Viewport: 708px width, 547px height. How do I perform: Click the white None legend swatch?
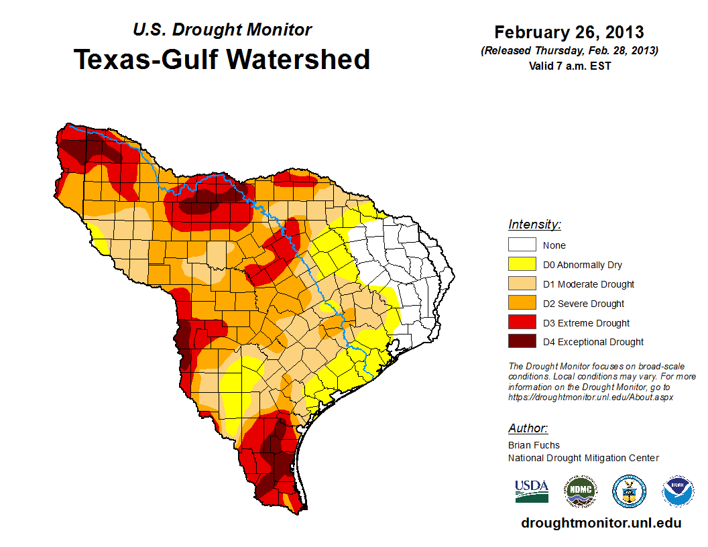522,245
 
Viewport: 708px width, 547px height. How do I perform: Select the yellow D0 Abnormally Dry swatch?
522,265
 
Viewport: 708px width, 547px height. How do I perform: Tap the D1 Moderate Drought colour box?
522,284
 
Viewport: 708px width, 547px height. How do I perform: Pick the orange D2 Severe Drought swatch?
522,304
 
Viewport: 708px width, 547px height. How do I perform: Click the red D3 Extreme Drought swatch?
522,323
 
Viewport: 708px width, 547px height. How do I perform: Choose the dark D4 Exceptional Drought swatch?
522,342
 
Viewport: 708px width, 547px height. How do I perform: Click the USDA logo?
532,491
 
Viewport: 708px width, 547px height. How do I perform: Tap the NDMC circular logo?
580,491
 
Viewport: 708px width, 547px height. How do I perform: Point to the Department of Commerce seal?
629,491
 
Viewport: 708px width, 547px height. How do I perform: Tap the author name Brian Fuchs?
534,445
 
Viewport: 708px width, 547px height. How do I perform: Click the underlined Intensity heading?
534,225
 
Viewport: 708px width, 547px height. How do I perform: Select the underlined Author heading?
528,428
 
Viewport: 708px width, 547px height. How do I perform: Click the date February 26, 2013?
569,32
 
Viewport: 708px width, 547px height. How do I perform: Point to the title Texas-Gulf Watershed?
221,60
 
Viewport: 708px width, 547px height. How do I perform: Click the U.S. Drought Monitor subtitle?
222,30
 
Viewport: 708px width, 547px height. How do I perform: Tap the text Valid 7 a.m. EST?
569,65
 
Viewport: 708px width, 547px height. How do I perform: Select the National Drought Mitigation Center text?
583,458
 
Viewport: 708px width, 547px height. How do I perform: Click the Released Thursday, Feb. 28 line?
569,51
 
